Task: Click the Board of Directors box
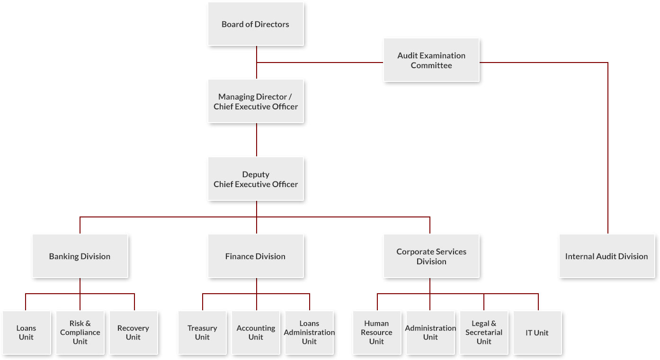[256, 24]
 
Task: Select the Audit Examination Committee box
[431, 60]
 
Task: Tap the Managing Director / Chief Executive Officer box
[256, 101]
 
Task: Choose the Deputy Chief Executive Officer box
[256, 179]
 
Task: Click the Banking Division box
[80, 256]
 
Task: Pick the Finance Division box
[256, 256]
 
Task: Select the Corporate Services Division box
[431, 256]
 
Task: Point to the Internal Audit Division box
[606, 256]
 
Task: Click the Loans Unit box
[26, 333]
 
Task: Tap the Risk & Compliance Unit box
[80, 333]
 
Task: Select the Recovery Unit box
[133, 333]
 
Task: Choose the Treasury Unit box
[202, 333]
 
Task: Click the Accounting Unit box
[256, 333]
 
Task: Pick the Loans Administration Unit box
[309, 333]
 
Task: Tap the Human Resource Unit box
[376, 333]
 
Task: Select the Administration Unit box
[430, 333]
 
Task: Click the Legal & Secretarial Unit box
[484, 333]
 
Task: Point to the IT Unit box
[537, 333]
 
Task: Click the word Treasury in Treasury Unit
[202, 328]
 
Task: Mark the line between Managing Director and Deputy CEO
[257, 140]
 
